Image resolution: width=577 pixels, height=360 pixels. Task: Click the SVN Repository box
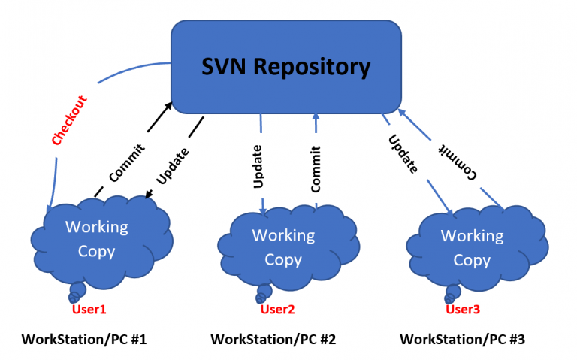(286, 67)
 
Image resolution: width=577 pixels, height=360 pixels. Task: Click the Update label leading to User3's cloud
(403, 153)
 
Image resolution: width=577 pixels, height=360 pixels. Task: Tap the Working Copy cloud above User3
(472, 248)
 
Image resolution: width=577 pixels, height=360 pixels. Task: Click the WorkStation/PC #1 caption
(84, 340)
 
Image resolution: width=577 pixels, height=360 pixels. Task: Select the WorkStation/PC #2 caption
(273, 340)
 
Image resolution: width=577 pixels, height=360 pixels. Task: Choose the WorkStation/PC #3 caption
(462, 340)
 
